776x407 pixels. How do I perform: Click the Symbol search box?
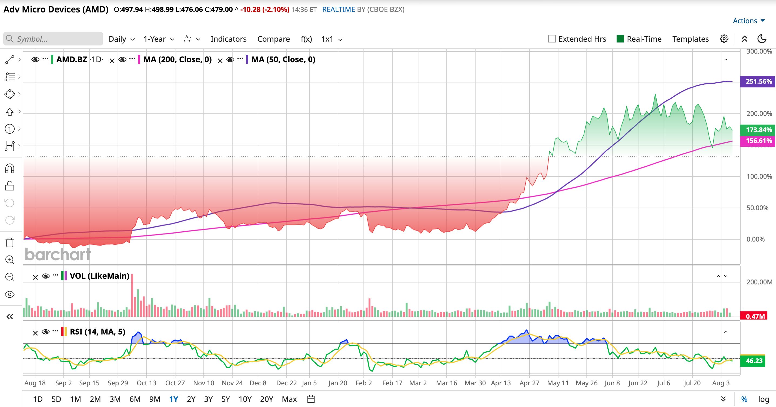53,39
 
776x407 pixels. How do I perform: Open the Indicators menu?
228,39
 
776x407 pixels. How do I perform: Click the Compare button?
273,39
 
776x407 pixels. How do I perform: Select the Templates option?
690,39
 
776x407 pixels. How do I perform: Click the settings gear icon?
724,39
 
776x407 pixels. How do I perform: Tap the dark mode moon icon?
762,39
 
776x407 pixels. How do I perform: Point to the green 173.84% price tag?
758,130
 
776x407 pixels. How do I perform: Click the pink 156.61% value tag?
758,141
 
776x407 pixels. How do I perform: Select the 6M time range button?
135,399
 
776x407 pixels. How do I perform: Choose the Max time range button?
289,399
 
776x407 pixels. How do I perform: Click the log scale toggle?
764,399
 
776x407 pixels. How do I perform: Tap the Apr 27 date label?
529,383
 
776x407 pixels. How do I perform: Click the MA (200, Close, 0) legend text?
178,60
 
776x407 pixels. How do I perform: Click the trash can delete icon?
10,242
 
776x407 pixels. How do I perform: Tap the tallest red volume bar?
132,295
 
